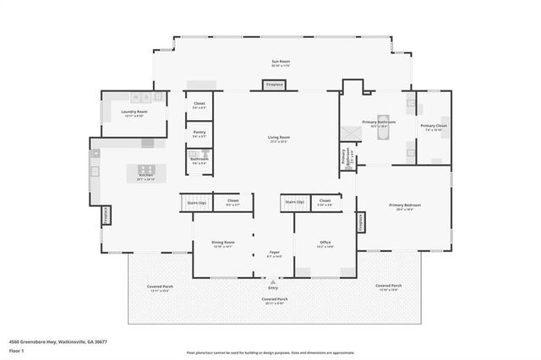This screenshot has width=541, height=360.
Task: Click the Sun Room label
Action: (275, 63)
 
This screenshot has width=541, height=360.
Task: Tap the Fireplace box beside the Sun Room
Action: (275, 85)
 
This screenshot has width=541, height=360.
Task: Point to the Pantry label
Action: (199, 132)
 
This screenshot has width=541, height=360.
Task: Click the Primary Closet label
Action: (433, 126)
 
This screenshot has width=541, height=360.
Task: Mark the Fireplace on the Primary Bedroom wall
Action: (361, 221)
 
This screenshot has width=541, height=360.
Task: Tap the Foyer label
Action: (274, 252)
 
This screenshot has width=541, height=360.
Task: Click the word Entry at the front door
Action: (274, 286)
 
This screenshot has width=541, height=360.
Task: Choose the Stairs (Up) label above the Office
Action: (293, 202)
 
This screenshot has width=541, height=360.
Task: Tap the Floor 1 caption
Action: (14, 350)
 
